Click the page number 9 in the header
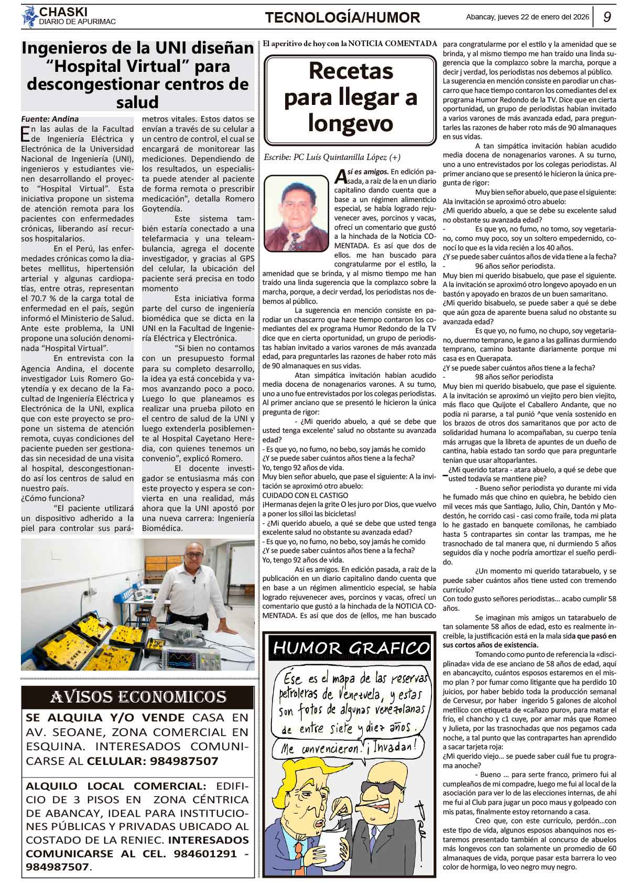click(x=608, y=17)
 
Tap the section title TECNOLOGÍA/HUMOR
click(x=342, y=18)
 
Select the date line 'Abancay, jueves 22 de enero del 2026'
click(x=527, y=17)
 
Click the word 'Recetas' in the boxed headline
click(x=350, y=71)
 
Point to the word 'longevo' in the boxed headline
click(x=350, y=123)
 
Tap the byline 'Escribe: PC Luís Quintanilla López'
click(x=332, y=157)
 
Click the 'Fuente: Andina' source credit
click(x=50, y=119)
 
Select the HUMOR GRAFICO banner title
click(x=350, y=648)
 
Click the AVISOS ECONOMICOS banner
click(x=138, y=697)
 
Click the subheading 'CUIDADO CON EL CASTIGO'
click(x=305, y=495)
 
